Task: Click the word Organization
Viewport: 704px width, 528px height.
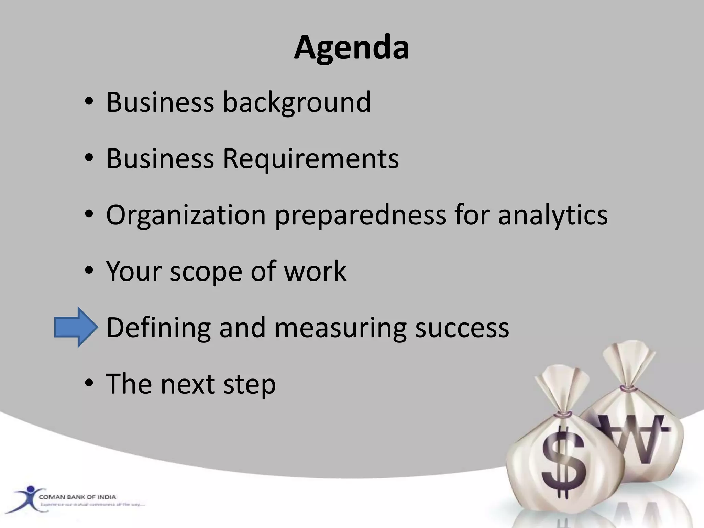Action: point(186,215)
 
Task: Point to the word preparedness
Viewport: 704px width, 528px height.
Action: point(360,215)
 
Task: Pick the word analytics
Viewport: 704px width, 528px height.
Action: point(553,215)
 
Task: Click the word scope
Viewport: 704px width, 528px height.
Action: point(206,271)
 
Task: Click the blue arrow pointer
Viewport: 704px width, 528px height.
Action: point(76,327)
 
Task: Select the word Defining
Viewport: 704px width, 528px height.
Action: point(158,327)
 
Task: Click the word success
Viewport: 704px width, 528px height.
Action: point(462,327)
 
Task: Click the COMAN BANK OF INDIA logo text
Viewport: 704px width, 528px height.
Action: point(77,497)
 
